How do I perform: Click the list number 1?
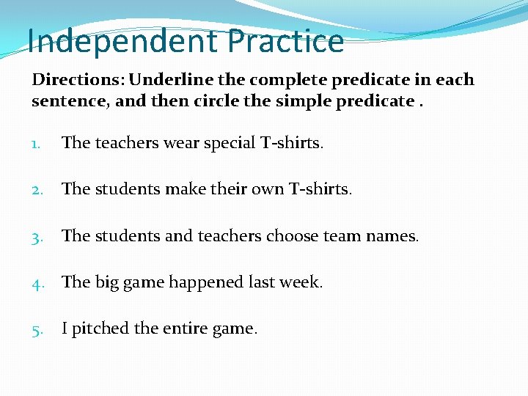tap(37, 143)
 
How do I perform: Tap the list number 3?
tap(37, 237)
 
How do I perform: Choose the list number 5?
tap(37, 329)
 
